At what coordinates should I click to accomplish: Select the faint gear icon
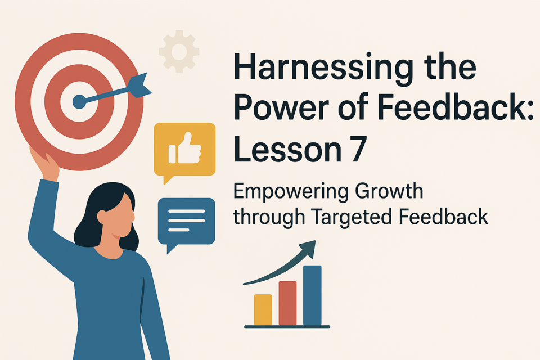pos(179,51)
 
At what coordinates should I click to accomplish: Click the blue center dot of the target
pos(79,102)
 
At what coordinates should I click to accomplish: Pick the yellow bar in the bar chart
pos(263,309)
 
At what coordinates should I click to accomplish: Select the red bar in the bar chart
pos(287,303)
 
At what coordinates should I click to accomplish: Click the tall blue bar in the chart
pos(312,295)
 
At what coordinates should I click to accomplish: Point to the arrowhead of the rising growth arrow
pos(308,249)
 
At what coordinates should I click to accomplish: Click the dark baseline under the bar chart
pos(287,327)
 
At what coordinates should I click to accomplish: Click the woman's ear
pos(102,217)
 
